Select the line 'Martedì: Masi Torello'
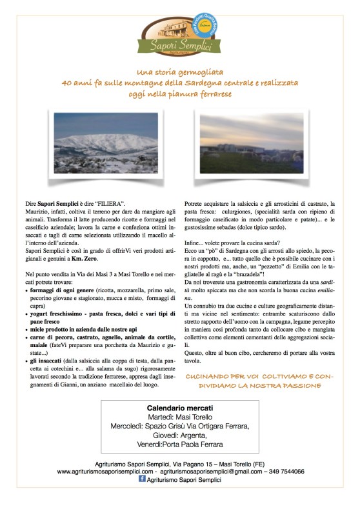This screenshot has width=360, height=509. [180, 418]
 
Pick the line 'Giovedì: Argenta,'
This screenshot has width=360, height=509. [180, 435]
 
